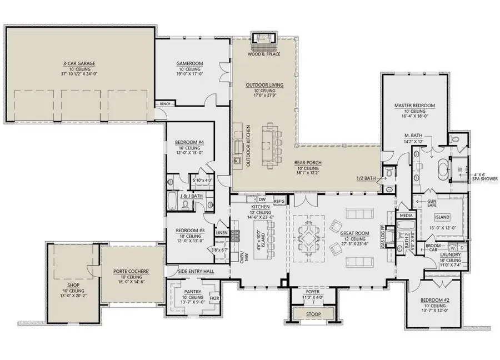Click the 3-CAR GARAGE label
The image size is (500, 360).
pos(79,63)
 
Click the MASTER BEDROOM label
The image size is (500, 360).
pos(414,105)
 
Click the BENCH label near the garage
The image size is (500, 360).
pos(164,104)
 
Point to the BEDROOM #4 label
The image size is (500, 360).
pos(189,142)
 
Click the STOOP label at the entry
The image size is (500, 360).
pos(313,314)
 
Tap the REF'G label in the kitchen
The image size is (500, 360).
pos(279,201)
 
